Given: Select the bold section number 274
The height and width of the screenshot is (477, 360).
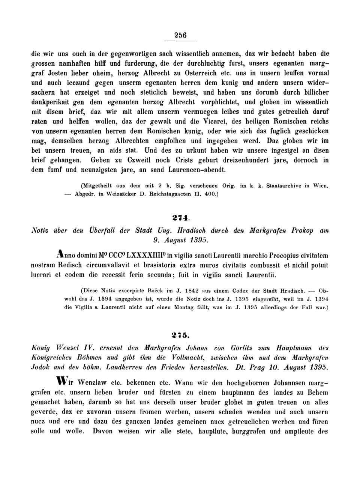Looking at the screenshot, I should [x=180, y=218].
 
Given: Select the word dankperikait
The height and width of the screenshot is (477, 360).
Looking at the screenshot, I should [x=52, y=102].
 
